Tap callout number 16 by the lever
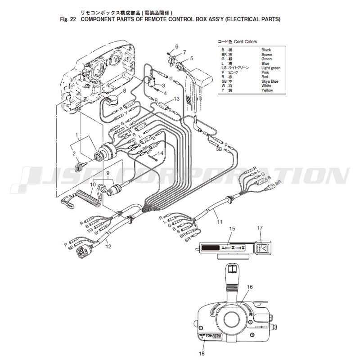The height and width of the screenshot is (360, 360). pyautogui.click(x=250, y=287)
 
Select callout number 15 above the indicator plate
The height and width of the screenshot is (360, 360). pyautogui.click(x=232, y=229)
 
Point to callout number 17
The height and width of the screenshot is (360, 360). pyautogui.click(x=260, y=229)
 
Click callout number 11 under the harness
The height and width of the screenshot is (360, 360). pyautogui.click(x=220, y=222)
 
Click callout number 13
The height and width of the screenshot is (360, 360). pyautogui.click(x=176, y=99)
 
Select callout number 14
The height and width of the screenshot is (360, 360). pyautogui.click(x=161, y=153)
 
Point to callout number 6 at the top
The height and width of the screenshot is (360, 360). pyautogui.click(x=177, y=47)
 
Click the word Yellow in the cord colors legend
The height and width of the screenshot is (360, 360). pyautogui.click(x=267, y=90)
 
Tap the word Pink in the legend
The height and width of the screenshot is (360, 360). pyautogui.click(x=266, y=72)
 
